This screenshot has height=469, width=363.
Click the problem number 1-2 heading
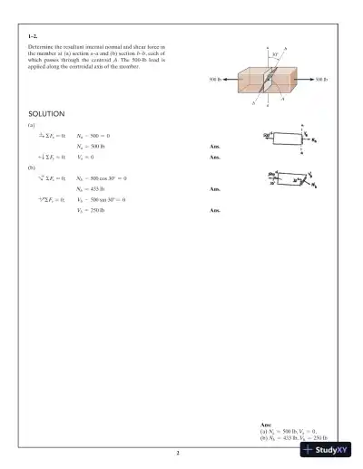click(x=34, y=33)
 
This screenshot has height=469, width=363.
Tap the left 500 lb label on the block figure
click(x=214, y=80)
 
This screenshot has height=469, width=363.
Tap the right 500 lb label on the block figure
click(x=321, y=80)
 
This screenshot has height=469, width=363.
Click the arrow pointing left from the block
click(x=231, y=80)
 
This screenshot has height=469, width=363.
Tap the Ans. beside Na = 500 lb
click(x=214, y=145)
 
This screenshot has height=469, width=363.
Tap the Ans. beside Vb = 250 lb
click(x=214, y=210)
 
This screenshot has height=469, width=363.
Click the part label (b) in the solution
click(x=32, y=167)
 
